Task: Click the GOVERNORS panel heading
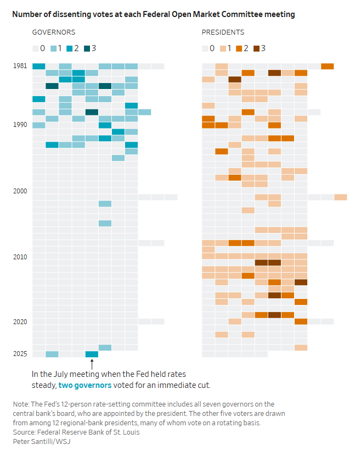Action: pyautogui.click(x=54, y=33)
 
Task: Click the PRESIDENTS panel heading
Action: pyautogui.click(x=223, y=33)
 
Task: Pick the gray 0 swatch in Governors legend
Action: pyautogui.click(x=36, y=48)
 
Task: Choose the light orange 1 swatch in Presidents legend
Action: pyautogui.click(x=223, y=48)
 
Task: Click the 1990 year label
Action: pyautogui.click(x=20, y=125)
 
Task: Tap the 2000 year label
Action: pyautogui.click(x=20, y=191)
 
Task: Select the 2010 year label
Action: pyautogui.click(x=20, y=257)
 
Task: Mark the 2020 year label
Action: pyautogui.click(x=20, y=321)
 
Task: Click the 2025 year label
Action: pyautogui.click(x=20, y=354)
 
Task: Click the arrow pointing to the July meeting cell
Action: pyautogui.click(x=92, y=364)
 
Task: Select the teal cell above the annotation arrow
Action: pyautogui.click(x=92, y=354)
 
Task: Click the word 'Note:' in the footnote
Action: pyautogui.click(x=22, y=404)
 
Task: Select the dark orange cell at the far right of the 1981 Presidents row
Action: pyautogui.click(x=327, y=66)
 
